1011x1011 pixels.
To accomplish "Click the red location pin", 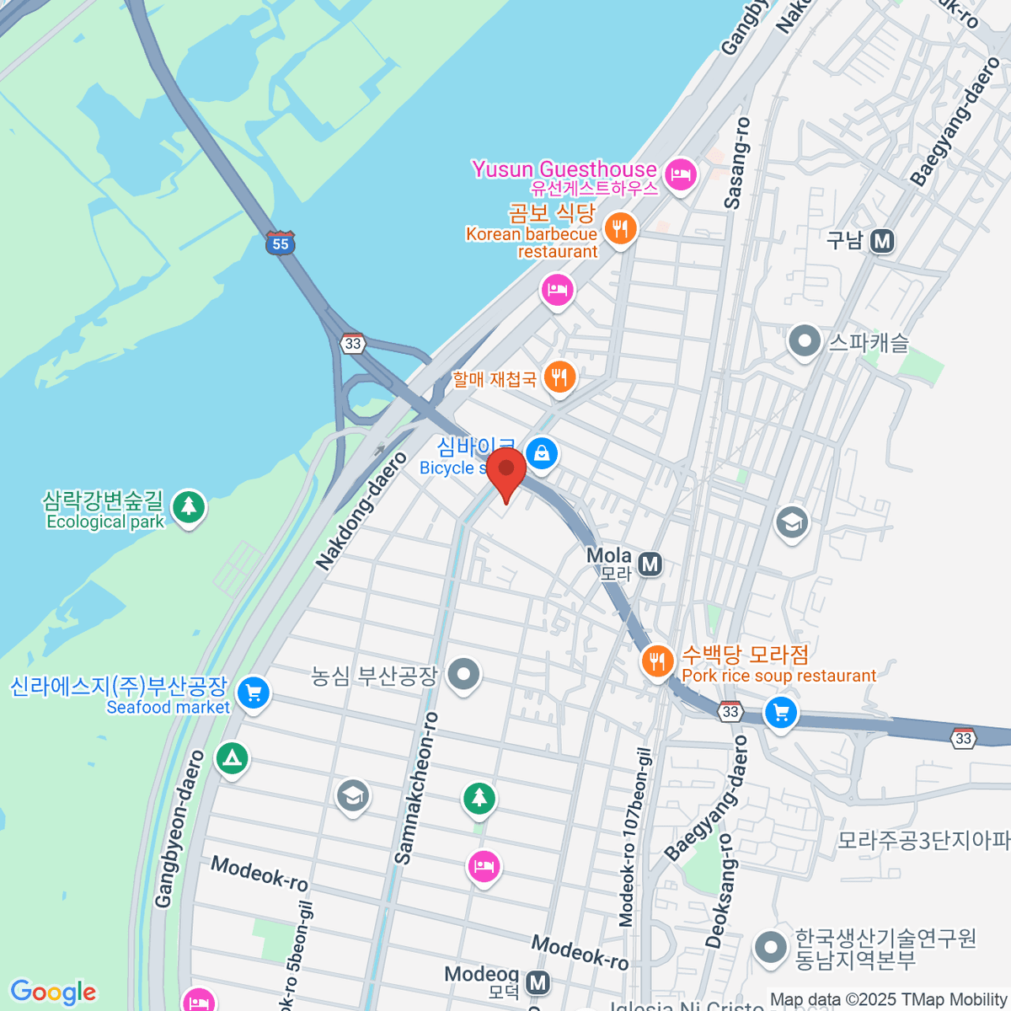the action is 506,473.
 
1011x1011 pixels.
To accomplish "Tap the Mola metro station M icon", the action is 650,564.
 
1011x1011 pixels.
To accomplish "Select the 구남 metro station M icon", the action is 882,242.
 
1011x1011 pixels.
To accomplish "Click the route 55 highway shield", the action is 280,243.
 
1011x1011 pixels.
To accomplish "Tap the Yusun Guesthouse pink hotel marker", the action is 680,175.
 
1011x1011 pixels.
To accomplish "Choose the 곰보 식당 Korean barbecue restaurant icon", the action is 620,228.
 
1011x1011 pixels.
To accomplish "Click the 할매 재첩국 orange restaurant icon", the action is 559,376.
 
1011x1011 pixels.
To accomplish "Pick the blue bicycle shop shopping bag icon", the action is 542,454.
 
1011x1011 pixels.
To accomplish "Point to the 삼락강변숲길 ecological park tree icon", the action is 189,507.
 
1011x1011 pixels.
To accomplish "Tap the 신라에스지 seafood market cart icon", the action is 253,693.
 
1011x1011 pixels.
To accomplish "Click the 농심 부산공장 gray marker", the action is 463,674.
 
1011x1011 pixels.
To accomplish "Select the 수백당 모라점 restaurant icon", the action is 657,661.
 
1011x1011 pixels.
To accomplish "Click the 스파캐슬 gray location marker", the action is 805,342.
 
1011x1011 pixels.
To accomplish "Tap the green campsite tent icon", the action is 232,758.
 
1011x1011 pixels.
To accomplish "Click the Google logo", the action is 53,992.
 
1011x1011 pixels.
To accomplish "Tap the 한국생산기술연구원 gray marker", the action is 770,947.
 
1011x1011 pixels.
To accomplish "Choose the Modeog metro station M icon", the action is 538,982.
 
